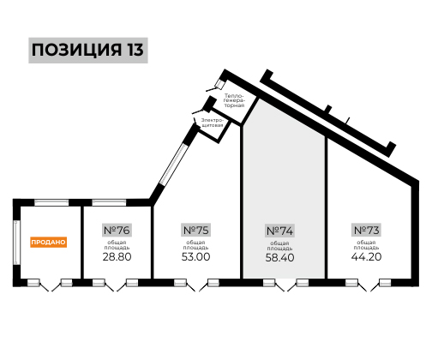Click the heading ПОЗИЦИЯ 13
[x=87, y=50]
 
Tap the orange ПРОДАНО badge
[x=49, y=242]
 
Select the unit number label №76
[x=117, y=230]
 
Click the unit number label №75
[x=196, y=230]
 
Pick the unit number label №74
[x=279, y=231]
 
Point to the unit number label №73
[x=367, y=230]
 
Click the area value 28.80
[x=117, y=256]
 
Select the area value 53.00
[x=196, y=256]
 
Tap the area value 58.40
[x=279, y=257]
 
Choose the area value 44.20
[x=367, y=256]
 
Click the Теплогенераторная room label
[x=234, y=100]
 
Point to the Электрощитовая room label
[x=212, y=123]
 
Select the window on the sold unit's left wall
[x=16, y=243]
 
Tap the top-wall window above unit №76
[x=109, y=202]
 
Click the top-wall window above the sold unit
[x=51, y=202]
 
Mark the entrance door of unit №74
[x=285, y=285]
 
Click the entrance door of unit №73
[x=368, y=285]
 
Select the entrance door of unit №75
[x=197, y=285]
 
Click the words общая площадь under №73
[x=367, y=245]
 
